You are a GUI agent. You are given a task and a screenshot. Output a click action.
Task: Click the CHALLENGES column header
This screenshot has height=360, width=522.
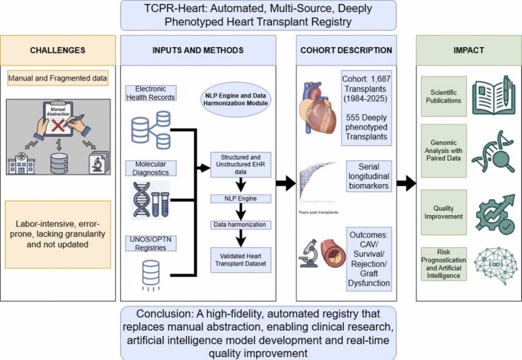point(58,50)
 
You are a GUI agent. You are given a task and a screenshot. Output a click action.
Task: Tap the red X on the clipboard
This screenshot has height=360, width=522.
point(58,126)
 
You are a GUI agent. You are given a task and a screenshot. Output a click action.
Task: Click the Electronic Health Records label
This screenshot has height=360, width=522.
point(151,93)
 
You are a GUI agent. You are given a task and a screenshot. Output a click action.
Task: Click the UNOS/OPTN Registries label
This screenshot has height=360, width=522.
point(151,244)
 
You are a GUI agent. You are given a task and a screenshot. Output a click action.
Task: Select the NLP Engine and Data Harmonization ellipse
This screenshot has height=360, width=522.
point(236,100)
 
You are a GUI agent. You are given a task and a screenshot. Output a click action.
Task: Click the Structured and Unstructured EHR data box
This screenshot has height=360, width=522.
point(241,165)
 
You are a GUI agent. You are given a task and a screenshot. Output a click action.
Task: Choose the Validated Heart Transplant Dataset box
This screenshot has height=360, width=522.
point(241,260)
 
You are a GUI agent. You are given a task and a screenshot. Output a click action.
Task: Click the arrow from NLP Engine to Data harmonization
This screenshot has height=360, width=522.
point(241,212)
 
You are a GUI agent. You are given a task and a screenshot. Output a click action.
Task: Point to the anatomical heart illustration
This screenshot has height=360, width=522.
point(317,108)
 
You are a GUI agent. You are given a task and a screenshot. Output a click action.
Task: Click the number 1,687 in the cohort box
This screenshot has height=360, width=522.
point(380,79)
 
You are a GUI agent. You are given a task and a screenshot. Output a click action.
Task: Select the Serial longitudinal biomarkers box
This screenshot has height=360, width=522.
point(369,176)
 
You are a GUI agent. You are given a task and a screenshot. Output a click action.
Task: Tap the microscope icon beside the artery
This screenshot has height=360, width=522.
point(308,253)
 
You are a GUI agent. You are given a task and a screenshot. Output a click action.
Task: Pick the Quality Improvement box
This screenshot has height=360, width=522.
point(444,213)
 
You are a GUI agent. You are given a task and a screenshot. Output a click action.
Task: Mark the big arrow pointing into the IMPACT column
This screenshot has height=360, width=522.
point(406,183)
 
